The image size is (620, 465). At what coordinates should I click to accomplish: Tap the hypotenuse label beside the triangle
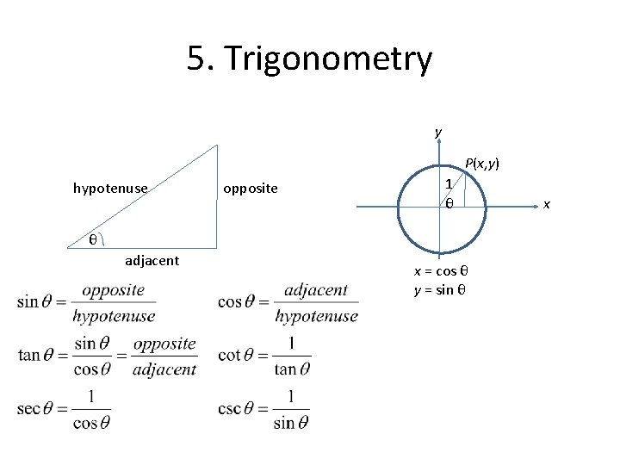tap(110, 187)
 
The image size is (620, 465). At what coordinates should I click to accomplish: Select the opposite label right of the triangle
tap(251, 187)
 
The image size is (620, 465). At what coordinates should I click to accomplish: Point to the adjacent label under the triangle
tap(152, 260)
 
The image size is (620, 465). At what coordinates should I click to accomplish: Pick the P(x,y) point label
tap(482, 163)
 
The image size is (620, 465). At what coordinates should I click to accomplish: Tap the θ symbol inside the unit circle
tap(449, 203)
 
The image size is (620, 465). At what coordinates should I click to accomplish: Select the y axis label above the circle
tap(438, 132)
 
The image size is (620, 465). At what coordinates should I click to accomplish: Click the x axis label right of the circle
tap(545, 204)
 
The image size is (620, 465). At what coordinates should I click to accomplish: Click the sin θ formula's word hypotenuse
tap(114, 316)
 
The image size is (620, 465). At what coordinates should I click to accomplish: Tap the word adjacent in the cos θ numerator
tap(316, 290)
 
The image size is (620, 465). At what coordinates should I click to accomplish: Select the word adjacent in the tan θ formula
tap(164, 369)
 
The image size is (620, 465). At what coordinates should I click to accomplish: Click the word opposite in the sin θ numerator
tap(113, 290)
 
